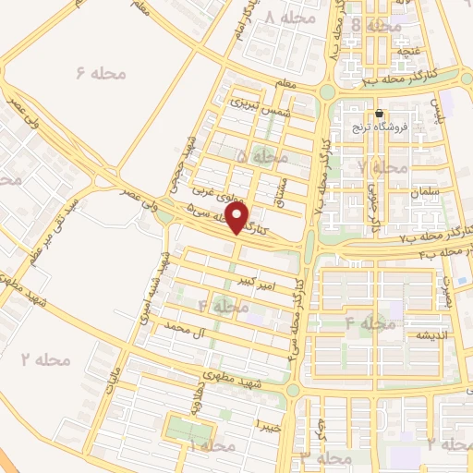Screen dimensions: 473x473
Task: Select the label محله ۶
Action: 92,71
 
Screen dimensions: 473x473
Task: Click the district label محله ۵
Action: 254,158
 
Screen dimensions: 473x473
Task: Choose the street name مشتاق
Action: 282,188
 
